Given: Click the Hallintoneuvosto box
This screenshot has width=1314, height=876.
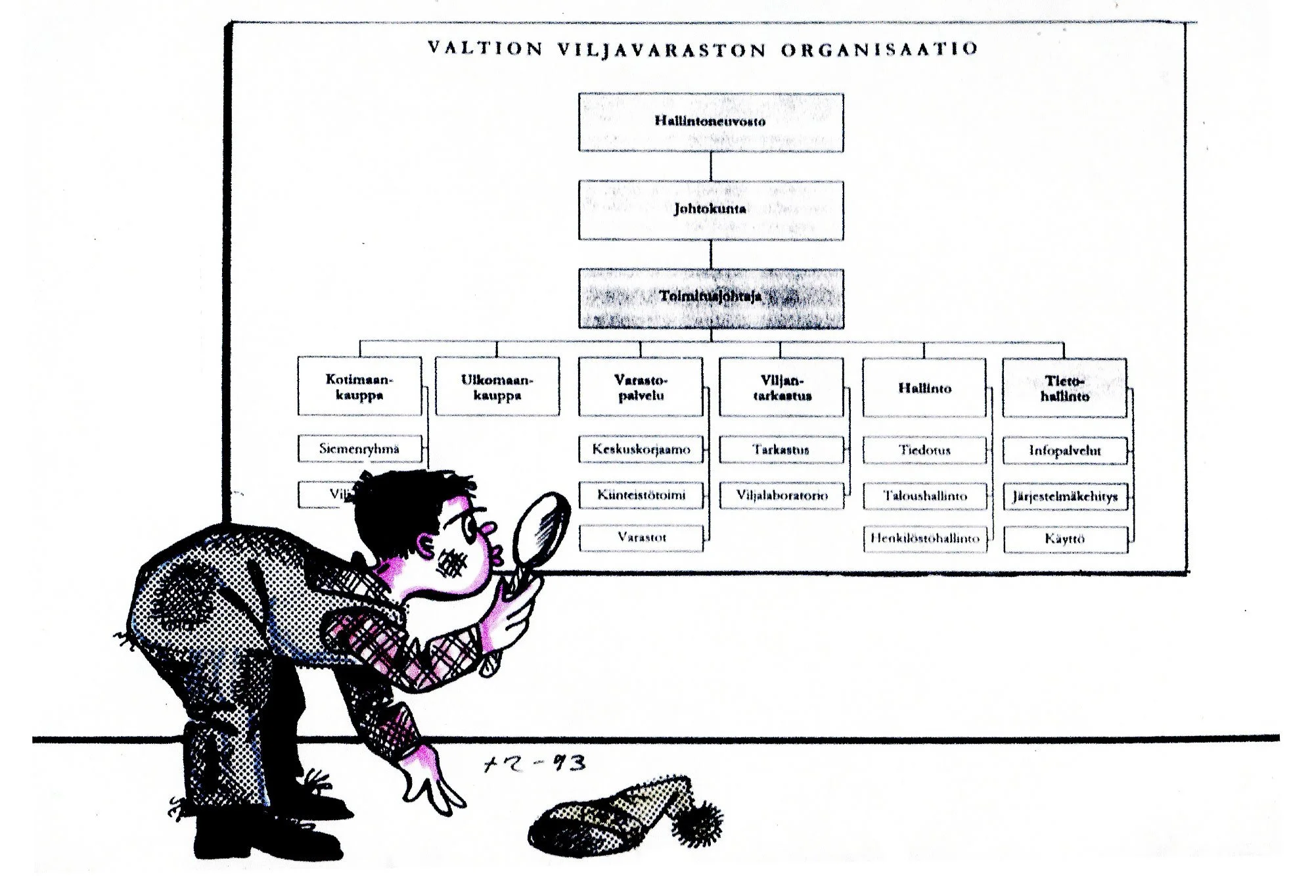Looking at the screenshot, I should tap(710, 122).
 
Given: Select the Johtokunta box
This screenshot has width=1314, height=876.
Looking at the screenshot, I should tap(710, 210).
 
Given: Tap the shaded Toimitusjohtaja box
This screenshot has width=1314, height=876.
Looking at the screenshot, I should tap(710, 298).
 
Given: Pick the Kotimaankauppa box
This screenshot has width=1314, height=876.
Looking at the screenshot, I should tap(359, 387).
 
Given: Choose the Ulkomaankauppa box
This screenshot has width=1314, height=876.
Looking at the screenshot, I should tap(497, 387).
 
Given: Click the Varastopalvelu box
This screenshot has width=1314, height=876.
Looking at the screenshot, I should tap(641, 387).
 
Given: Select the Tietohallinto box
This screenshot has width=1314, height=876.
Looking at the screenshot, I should tap(1064, 388).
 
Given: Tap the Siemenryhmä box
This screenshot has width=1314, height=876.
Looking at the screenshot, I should tap(359, 449).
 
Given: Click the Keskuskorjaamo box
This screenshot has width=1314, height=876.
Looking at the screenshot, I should tap(641, 450).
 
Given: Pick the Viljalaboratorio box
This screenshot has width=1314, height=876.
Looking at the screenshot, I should tap(781, 496).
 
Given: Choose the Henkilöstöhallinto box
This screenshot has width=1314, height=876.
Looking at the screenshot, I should tap(924, 539).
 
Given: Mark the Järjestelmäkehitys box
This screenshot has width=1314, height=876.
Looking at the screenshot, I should tap(1064, 496).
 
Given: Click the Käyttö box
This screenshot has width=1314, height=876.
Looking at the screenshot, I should tap(1064, 540).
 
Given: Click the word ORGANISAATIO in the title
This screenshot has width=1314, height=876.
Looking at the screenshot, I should tap(880, 49).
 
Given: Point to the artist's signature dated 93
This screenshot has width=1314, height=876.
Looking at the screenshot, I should tap(533, 764).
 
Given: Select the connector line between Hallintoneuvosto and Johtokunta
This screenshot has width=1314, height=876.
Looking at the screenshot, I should tap(711, 166).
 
